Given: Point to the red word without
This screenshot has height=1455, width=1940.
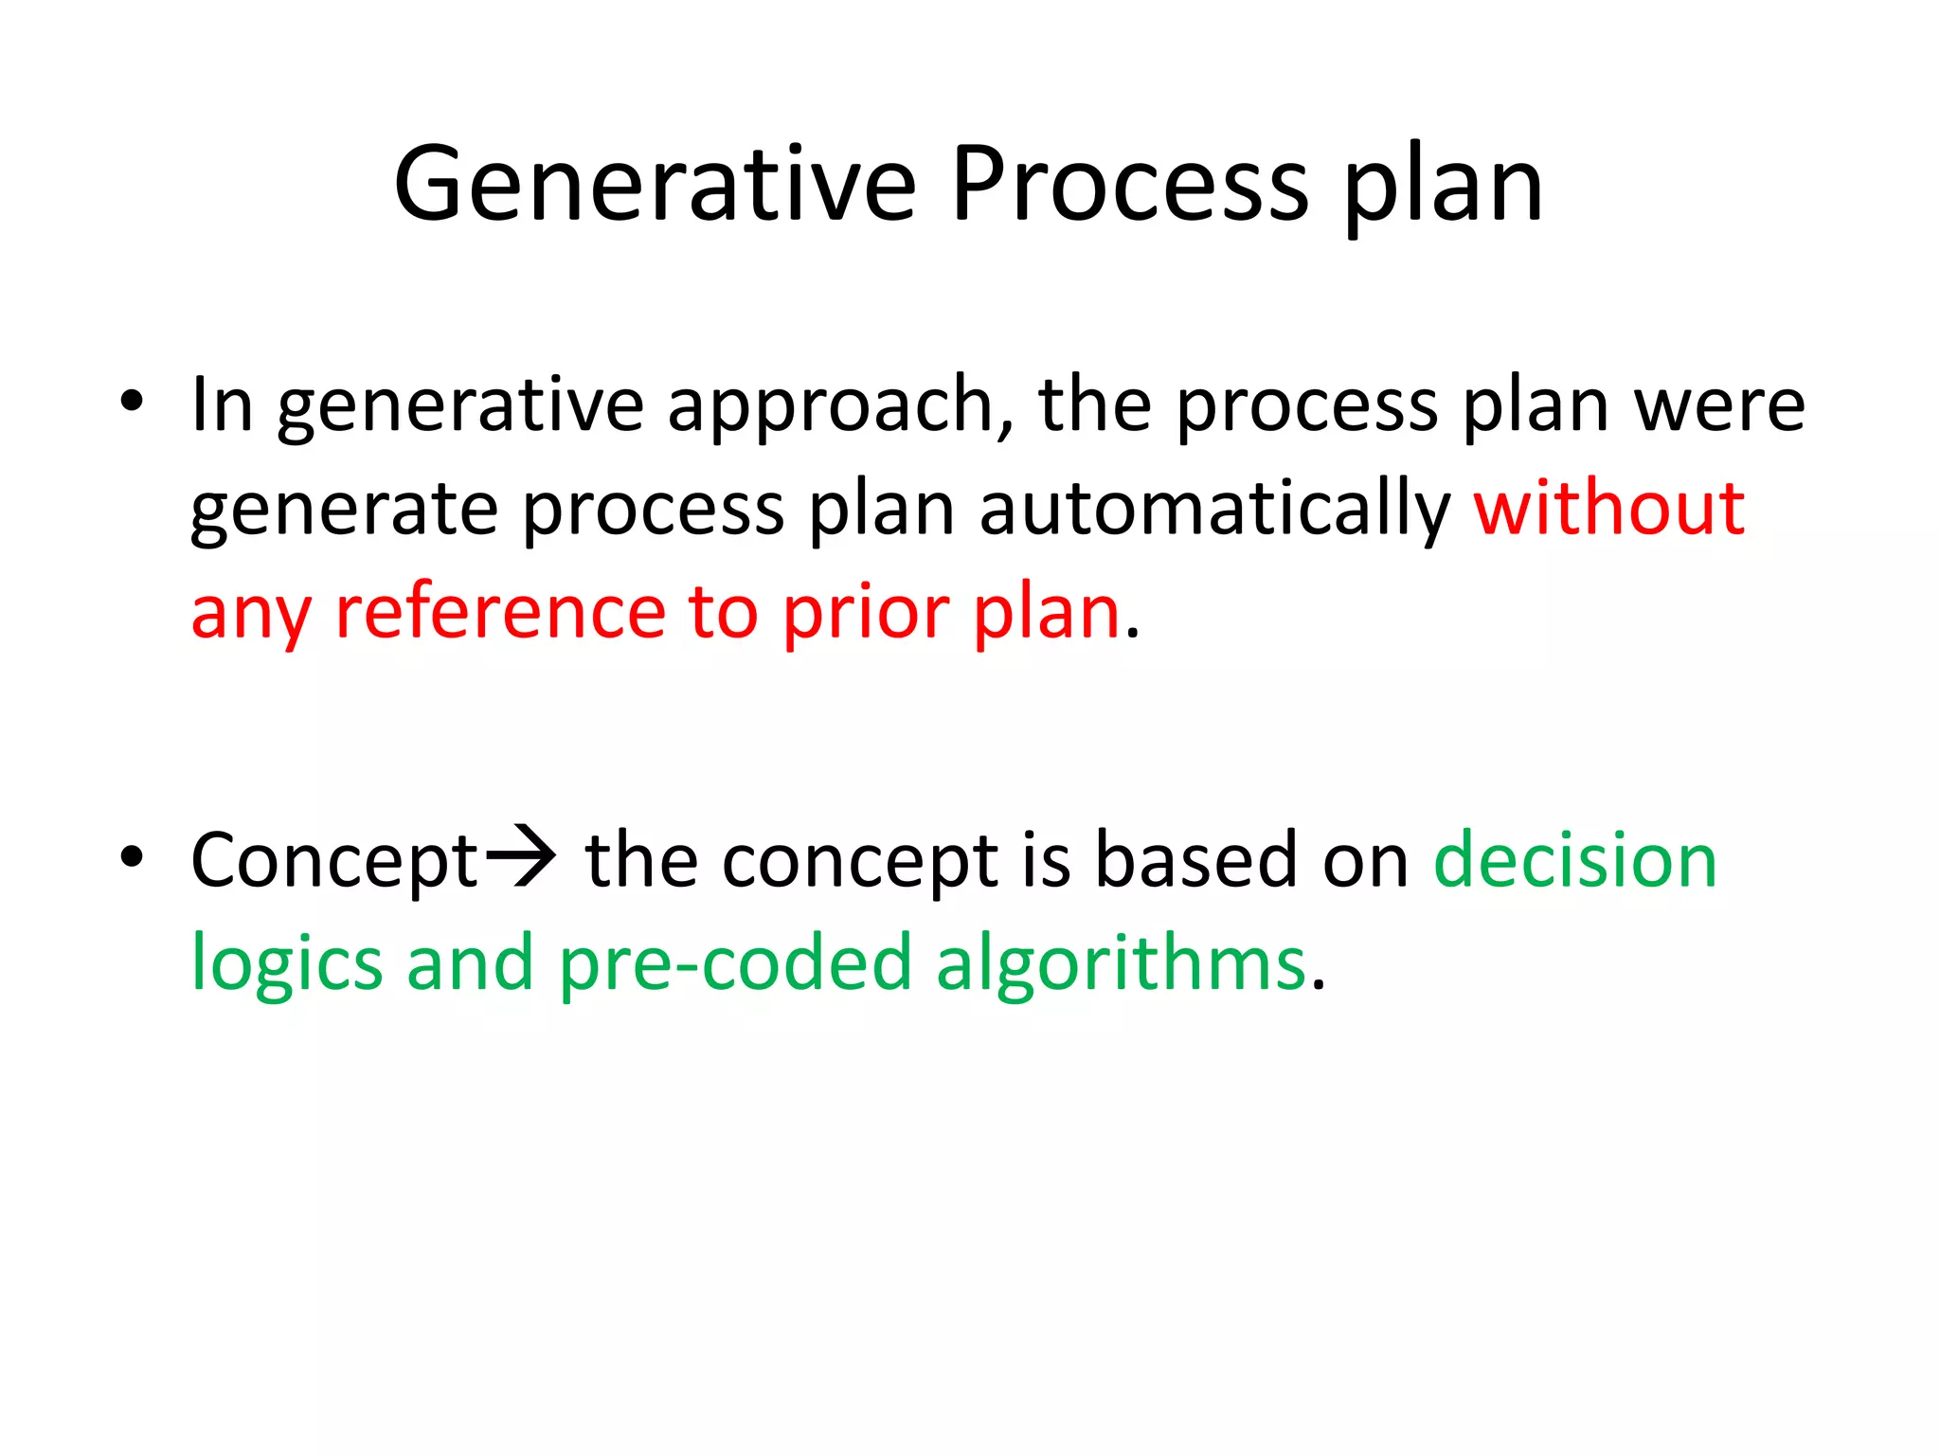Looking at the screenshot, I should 1608,510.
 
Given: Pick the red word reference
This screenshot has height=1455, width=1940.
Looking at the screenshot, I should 500,613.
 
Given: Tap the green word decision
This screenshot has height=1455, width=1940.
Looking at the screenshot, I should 1574,860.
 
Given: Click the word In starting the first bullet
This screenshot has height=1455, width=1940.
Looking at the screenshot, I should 222,405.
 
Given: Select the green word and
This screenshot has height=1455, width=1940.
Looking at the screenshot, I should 470,962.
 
